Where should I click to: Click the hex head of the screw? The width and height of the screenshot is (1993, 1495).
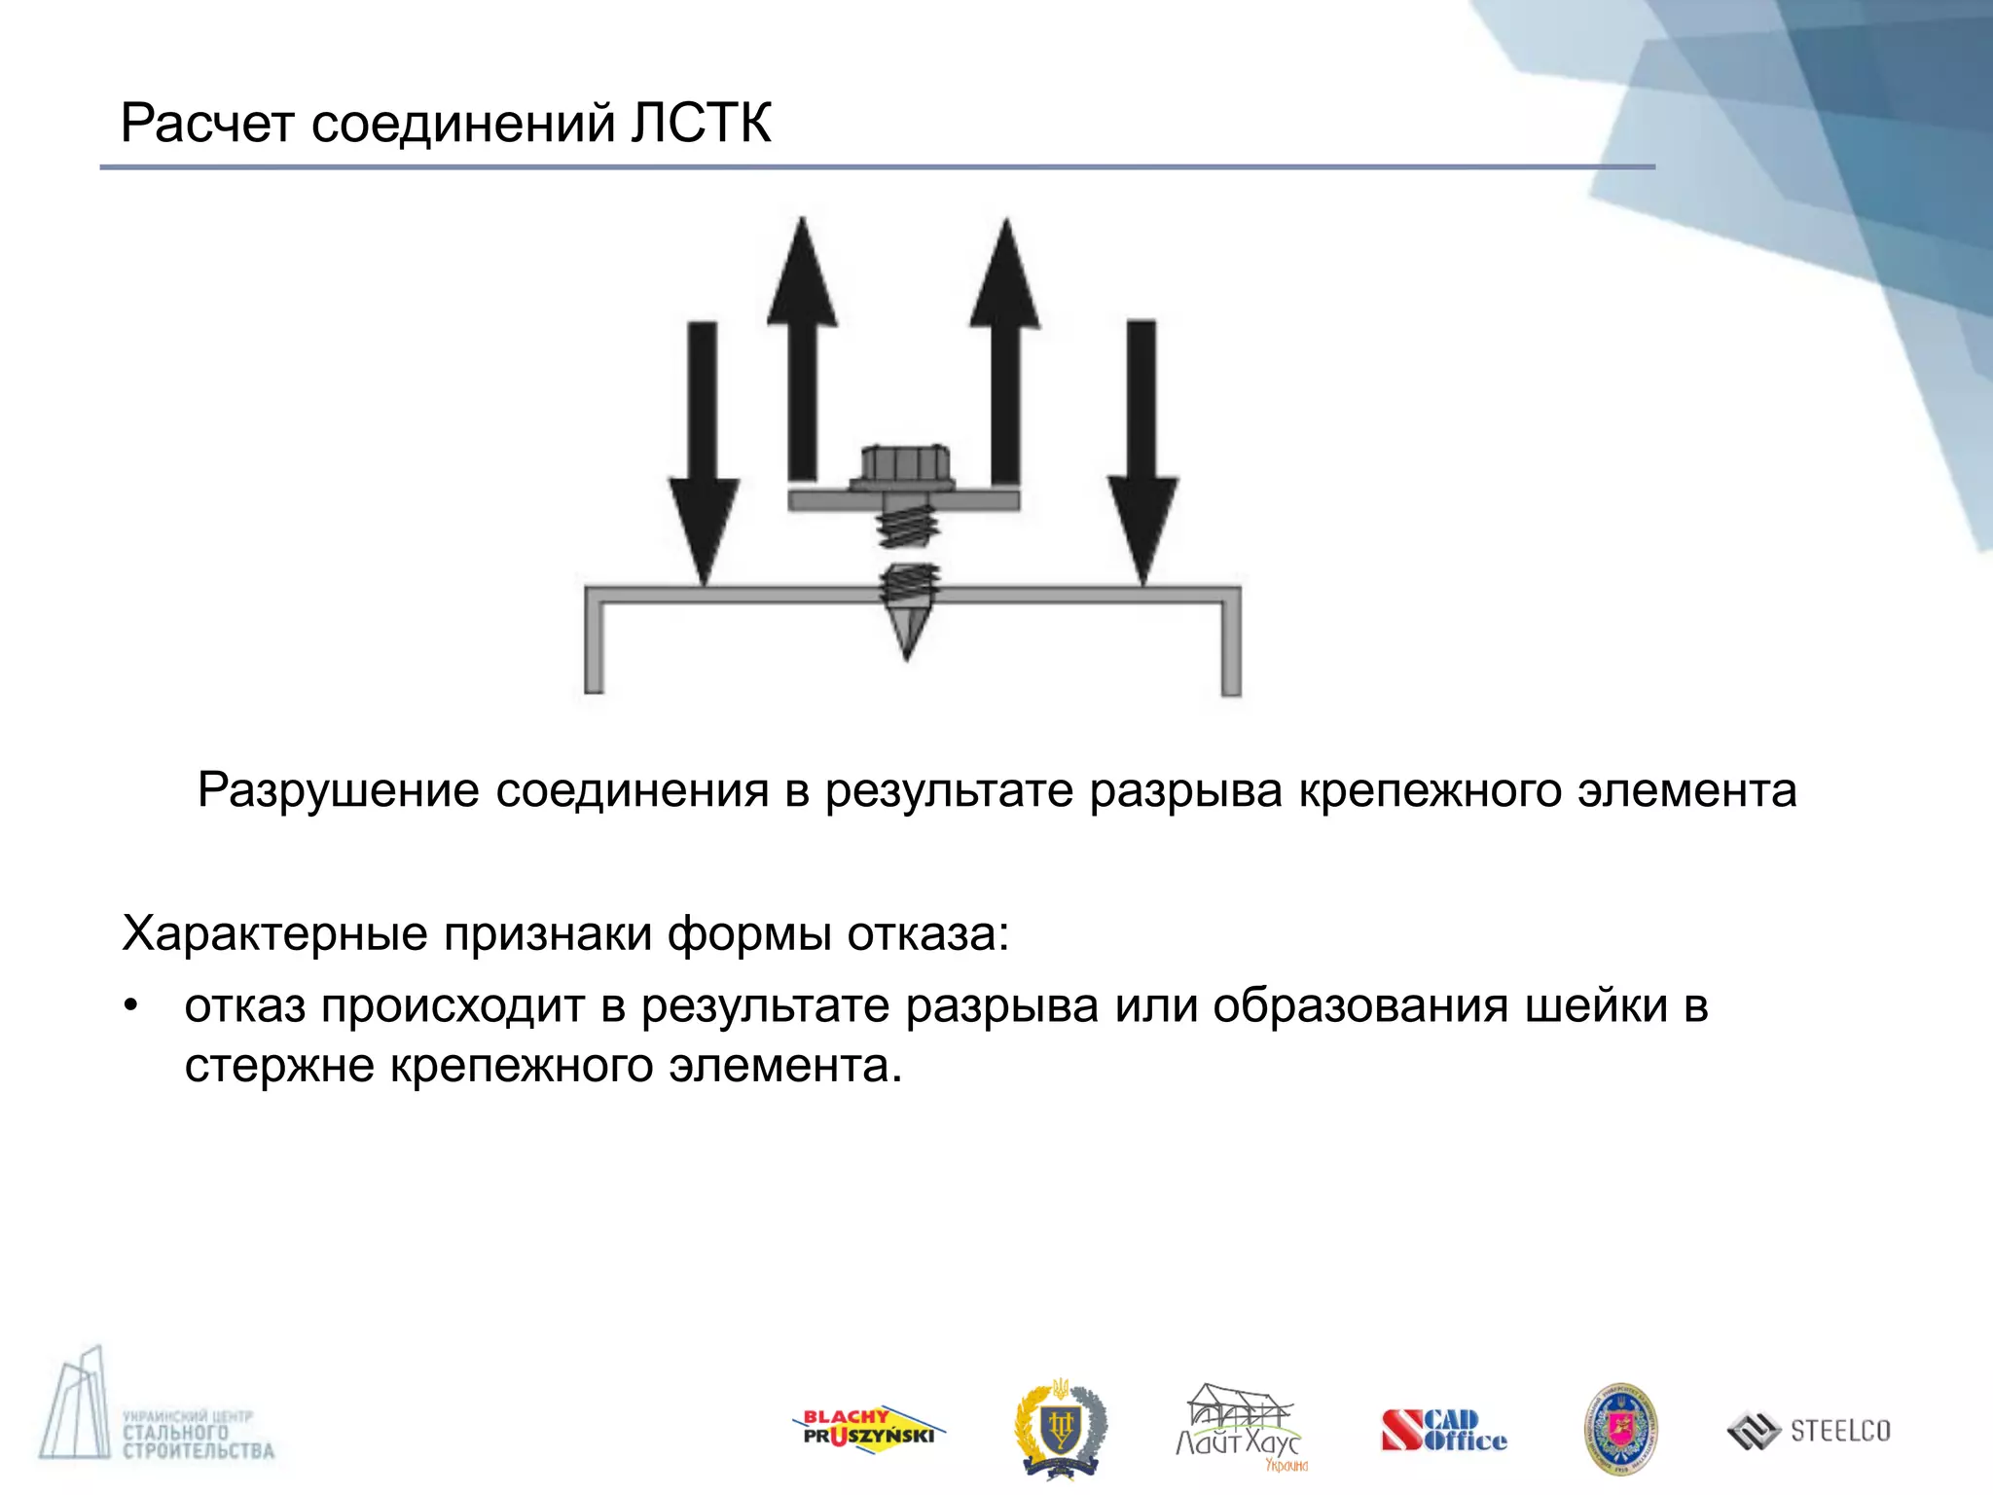point(904,465)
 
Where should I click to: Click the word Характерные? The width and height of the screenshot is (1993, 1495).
point(275,934)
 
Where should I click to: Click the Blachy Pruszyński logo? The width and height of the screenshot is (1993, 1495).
point(868,1430)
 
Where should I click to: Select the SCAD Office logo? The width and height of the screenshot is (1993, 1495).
point(1443,1431)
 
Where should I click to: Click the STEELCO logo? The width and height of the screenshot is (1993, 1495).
point(1809,1431)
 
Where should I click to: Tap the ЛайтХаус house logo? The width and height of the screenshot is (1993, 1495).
point(1239,1427)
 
